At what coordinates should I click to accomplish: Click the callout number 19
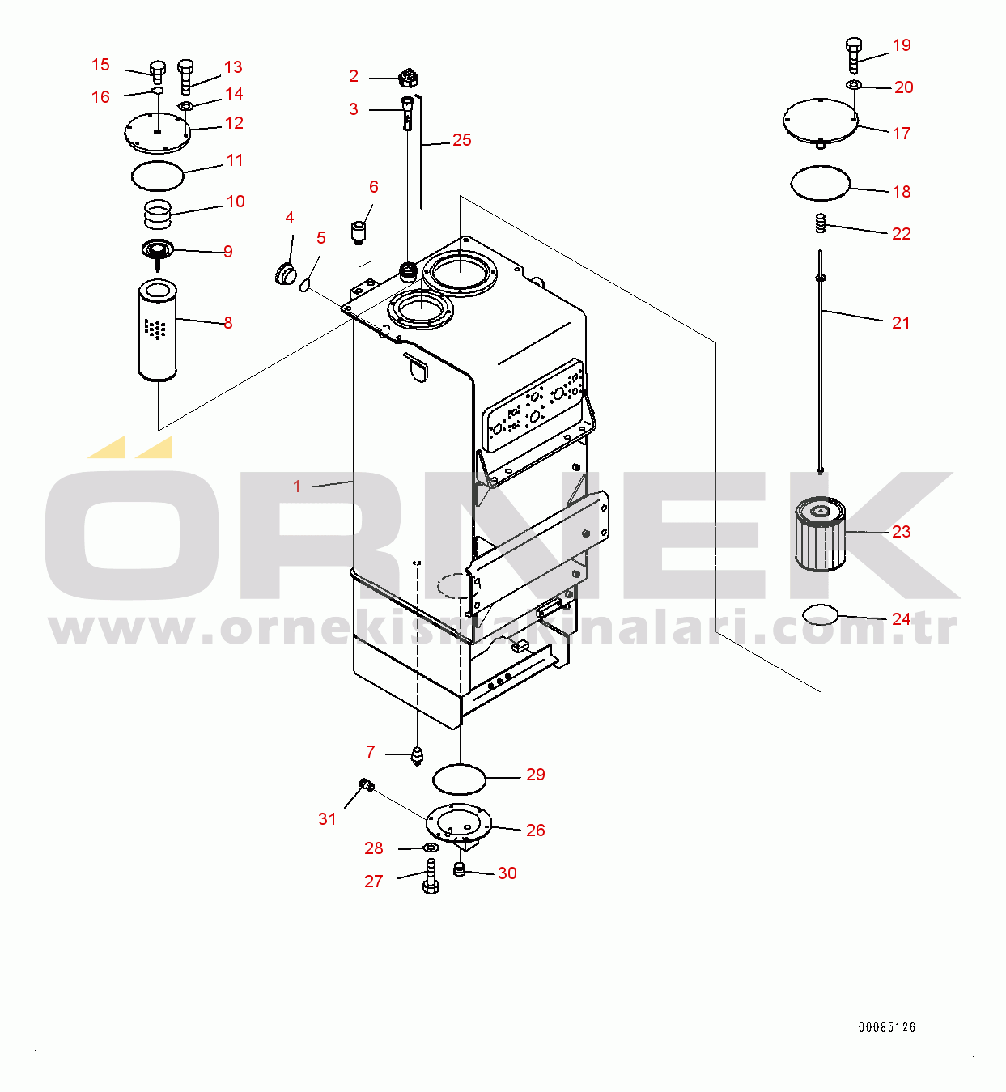point(902,45)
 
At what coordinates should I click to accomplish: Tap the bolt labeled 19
point(853,53)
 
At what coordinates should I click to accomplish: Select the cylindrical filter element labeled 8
point(158,329)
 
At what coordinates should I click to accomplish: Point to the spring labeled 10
point(158,215)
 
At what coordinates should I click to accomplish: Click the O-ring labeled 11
point(158,175)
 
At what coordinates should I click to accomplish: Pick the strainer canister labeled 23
point(821,533)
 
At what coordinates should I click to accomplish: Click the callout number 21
point(901,323)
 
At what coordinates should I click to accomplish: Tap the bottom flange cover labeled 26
point(458,822)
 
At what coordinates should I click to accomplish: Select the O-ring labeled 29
point(459,779)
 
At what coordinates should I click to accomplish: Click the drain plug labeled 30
point(459,870)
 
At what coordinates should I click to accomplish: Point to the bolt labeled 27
point(430,876)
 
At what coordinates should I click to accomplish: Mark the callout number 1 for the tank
point(297,487)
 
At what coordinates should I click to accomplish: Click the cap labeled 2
point(409,79)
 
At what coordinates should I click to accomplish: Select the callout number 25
point(461,140)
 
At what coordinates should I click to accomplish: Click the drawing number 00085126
point(886,1027)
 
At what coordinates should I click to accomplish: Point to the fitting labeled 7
point(417,756)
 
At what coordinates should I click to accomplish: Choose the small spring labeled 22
point(820,223)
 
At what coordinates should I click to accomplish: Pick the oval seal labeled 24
point(820,615)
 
